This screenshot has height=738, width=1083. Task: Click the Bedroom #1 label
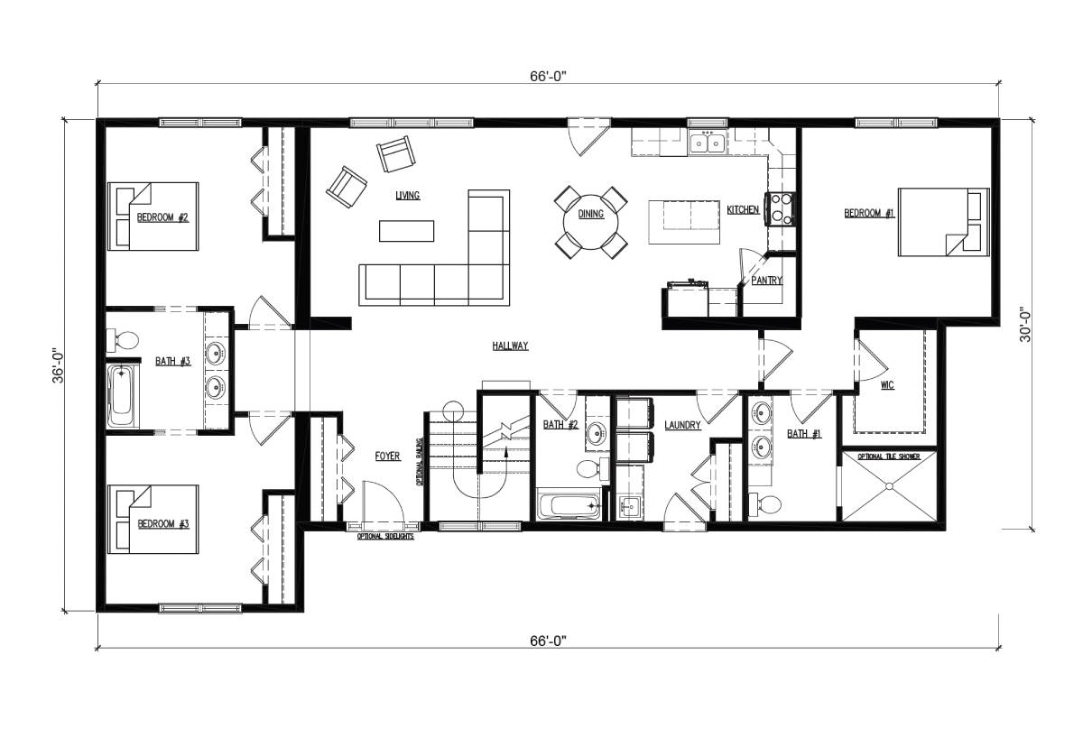(868, 213)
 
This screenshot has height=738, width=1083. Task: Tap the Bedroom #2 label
(162, 217)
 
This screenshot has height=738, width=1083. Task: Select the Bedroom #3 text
(162, 523)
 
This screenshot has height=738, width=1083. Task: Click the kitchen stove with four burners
(779, 209)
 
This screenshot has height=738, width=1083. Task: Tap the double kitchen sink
(707, 142)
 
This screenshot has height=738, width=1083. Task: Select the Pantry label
(766, 281)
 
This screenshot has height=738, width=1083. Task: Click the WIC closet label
(886, 385)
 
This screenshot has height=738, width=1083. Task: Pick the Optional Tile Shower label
(888, 457)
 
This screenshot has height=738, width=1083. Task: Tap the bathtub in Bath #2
(568, 506)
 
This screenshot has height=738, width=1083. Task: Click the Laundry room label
(682, 425)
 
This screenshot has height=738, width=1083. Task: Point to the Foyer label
(387, 457)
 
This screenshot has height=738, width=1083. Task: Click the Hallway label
(510, 346)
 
